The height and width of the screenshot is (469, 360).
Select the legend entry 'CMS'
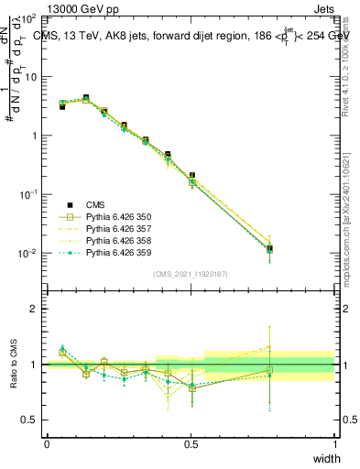(97, 205)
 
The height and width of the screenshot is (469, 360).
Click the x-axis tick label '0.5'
(191, 443)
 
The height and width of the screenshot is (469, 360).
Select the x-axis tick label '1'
(334, 443)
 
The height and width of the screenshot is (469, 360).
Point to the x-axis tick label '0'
(47, 443)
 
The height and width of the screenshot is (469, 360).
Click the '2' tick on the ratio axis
(34, 309)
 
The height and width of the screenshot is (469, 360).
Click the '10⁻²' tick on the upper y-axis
(29, 253)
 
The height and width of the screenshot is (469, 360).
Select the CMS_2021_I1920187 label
(191, 274)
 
